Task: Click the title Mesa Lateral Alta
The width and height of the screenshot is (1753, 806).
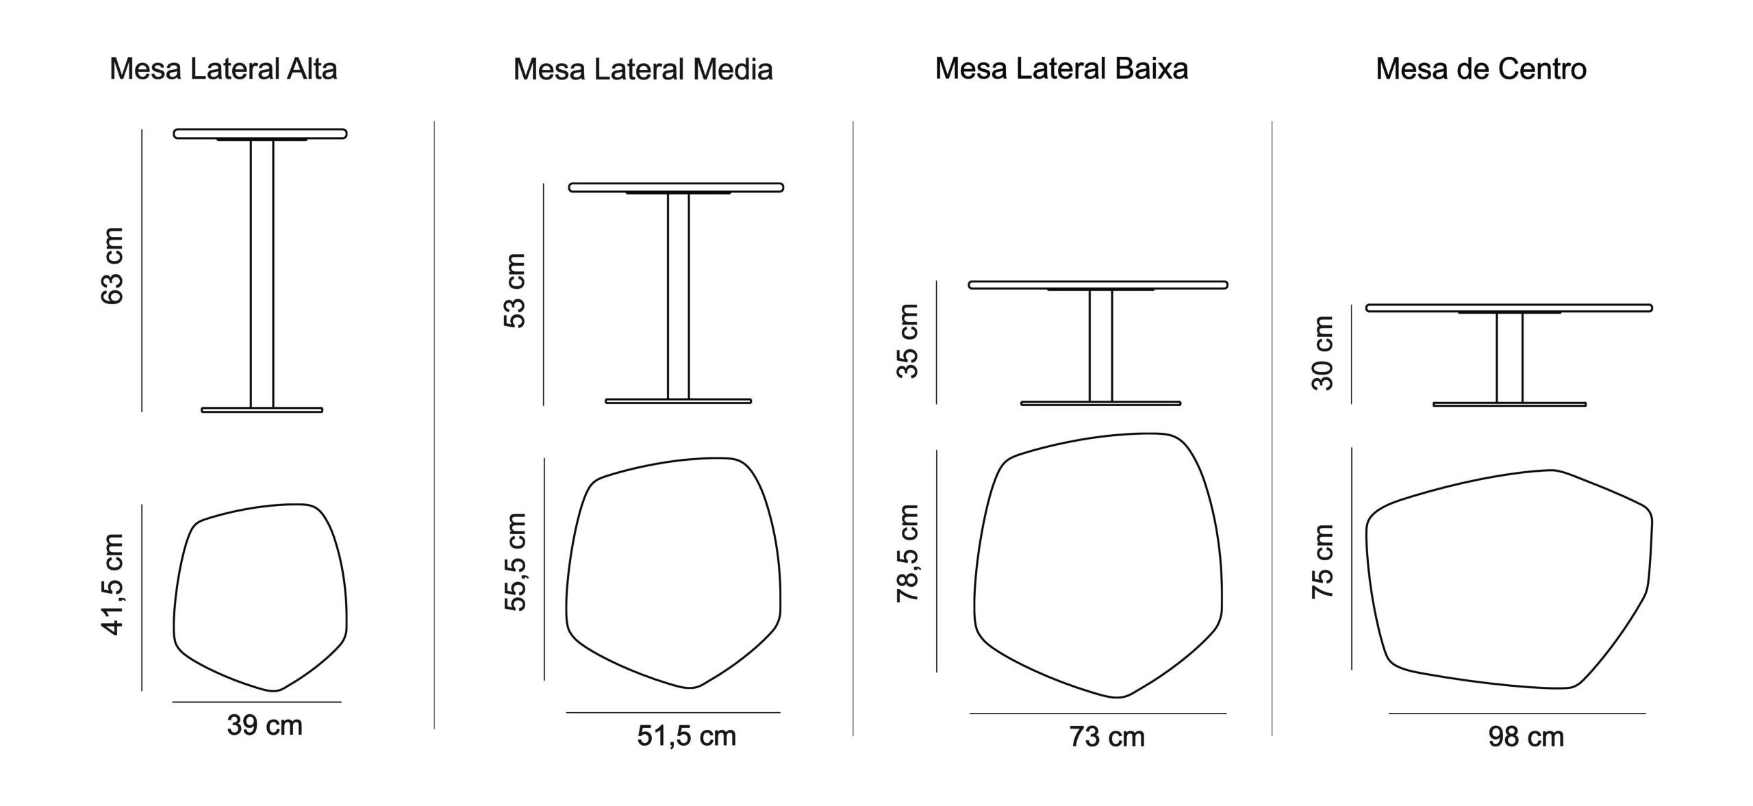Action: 223,69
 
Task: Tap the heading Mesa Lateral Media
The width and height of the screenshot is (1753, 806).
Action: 643,69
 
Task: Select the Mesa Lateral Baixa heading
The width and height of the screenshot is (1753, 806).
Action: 1061,68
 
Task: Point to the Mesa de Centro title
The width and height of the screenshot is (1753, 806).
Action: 1481,68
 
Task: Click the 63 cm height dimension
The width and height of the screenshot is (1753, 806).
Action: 112,266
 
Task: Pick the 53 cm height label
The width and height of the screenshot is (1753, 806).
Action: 514,291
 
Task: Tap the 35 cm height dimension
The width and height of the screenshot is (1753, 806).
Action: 907,341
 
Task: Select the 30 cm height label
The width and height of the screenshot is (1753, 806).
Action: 1322,353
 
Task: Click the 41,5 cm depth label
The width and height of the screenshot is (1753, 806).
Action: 112,584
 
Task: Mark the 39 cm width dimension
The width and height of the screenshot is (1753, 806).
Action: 265,726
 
